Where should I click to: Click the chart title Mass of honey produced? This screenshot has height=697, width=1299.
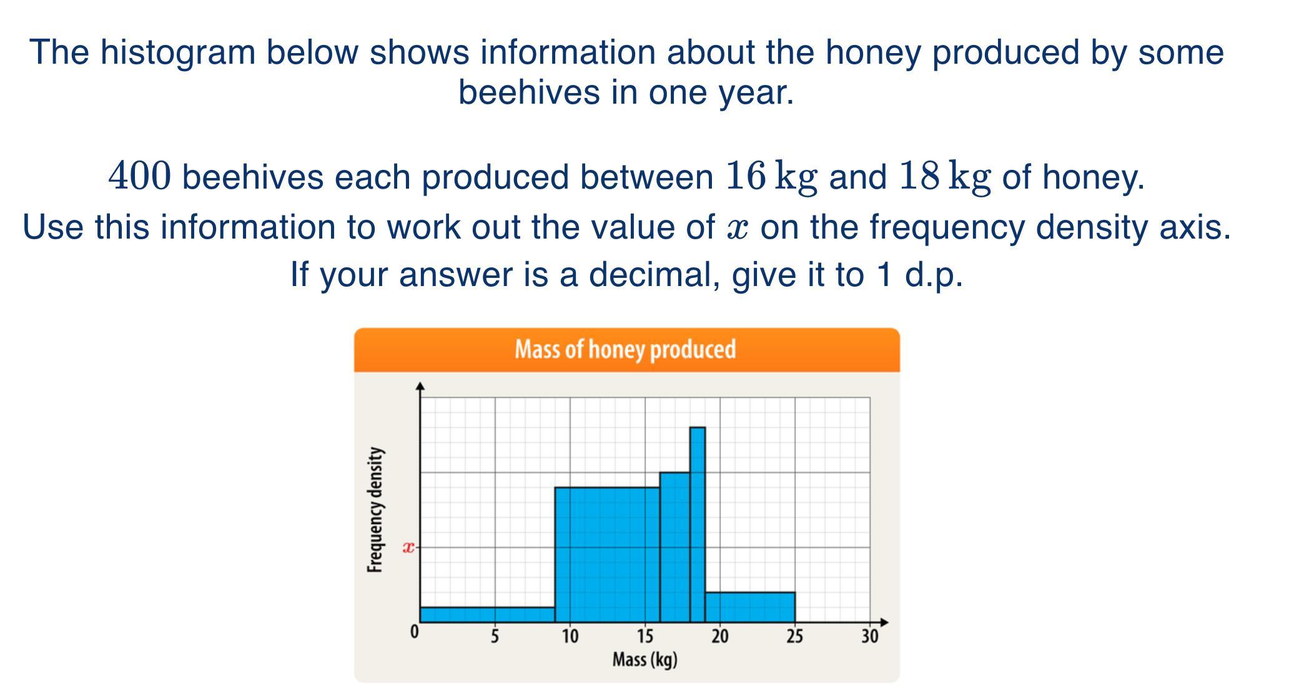pos(625,349)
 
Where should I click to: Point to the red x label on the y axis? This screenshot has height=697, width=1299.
pos(408,548)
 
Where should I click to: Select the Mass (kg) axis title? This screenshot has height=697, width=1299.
pos(645,660)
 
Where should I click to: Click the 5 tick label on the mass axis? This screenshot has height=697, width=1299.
pos(495,636)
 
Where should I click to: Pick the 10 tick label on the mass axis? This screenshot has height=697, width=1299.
pos(570,636)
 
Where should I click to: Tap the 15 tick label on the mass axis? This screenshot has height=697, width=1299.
pos(645,636)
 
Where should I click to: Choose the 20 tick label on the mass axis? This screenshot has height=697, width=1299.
pos(719,636)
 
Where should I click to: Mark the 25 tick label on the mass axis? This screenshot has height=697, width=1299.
pos(794,636)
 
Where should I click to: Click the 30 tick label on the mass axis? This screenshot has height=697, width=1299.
pos(869,636)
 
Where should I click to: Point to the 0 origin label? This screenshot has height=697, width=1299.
pos(414,632)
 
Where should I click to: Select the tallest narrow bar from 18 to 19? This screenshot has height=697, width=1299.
pos(698,525)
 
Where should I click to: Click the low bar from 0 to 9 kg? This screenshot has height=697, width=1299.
pos(488,615)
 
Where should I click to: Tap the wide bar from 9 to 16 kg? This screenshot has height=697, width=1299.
pos(608,555)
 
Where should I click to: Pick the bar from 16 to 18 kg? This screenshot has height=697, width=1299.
pos(675,547)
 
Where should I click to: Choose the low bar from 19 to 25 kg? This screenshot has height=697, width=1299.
pos(750,607)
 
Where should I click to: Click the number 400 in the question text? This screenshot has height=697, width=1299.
pos(139,175)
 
